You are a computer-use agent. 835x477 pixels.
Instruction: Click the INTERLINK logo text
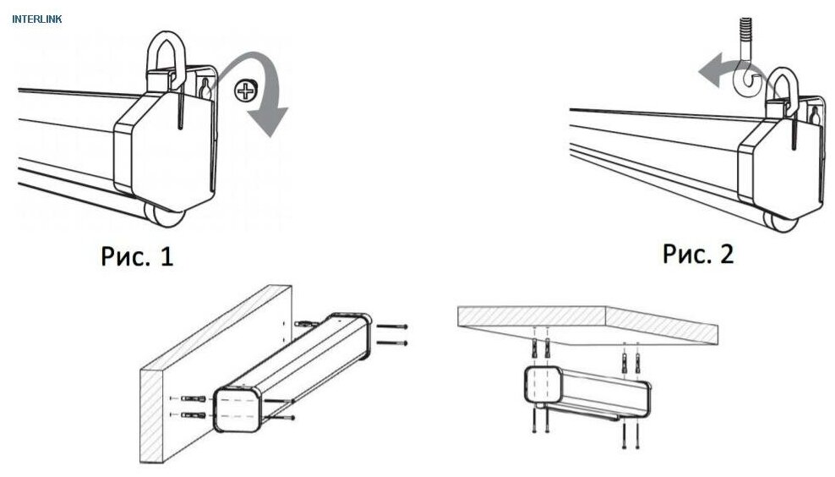37,18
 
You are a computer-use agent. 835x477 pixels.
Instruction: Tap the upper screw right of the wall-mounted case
391,326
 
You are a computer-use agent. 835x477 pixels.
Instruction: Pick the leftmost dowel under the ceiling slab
535,347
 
